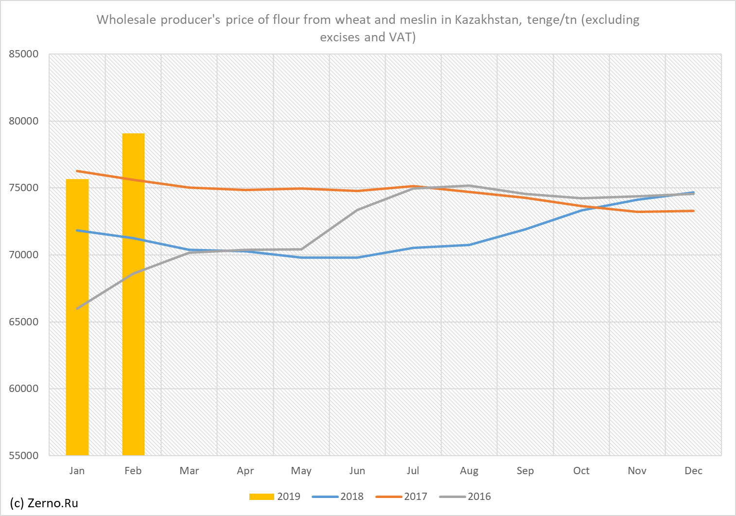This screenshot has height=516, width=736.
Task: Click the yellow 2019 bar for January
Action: [x=77, y=317]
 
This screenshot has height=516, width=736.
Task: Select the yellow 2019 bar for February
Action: [x=133, y=295]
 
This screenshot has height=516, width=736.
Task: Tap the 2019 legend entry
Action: [x=275, y=496]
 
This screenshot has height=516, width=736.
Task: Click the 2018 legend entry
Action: [x=338, y=496]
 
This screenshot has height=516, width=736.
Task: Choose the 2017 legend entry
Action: [x=402, y=496]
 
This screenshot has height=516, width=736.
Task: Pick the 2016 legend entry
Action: [x=465, y=496]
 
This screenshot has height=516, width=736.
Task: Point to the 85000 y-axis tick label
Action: [x=24, y=54]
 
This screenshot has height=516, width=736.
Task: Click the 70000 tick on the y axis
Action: [x=24, y=255]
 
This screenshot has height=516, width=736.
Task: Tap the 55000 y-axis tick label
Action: [x=24, y=456]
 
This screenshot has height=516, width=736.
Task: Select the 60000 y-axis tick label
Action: [x=24, y=389]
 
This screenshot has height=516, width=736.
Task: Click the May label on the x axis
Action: [x=301, y=471]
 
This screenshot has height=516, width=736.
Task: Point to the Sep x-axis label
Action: [x=525, y=471]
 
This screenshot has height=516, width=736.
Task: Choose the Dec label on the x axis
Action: [x=693, y=471]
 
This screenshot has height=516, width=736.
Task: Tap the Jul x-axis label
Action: [x=413, y=471]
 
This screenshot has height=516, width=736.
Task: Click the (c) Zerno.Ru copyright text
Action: [x=44, y=503]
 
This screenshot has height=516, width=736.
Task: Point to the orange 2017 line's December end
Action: [x=693, y=211]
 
